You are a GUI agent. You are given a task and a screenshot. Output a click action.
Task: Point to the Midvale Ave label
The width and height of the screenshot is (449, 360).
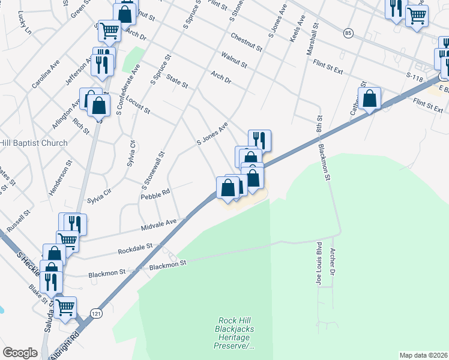[x=159, y=226]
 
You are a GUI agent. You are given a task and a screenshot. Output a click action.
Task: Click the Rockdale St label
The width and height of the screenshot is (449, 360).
[x=136, y=248]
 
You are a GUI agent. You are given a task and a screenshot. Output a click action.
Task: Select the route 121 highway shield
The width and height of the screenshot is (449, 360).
[x=96, y=313]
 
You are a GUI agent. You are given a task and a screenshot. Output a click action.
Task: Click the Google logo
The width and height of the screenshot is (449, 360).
[x=20, y=353]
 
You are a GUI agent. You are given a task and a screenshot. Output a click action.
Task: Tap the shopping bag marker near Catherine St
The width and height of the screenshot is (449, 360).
[x=370, y=98]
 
